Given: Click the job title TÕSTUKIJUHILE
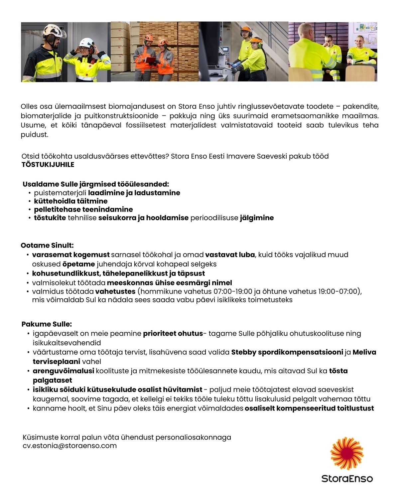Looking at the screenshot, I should [x=48, y=165].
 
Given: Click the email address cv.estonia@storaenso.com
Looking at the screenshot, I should [x=70, y=446].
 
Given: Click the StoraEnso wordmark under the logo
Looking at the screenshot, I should [x=347, y=479].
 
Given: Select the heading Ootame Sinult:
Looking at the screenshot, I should [x=47, y=246].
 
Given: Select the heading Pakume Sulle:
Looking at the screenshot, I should [x=47, y=324].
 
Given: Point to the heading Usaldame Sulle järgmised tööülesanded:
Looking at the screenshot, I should [x=96, y=184].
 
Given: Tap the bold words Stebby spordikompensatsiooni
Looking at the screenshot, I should [x=287, y=352].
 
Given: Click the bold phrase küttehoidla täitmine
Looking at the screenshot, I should [x=70, y=201].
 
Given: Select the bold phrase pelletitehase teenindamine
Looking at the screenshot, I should [x=83, y=210].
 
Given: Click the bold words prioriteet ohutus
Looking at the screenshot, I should [x=173, y=333].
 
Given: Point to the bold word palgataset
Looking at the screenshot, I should [x=52, y=380].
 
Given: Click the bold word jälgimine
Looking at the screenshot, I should [x=257, y=218].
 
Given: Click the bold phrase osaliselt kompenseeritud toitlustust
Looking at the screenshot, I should [x=309, y=408].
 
